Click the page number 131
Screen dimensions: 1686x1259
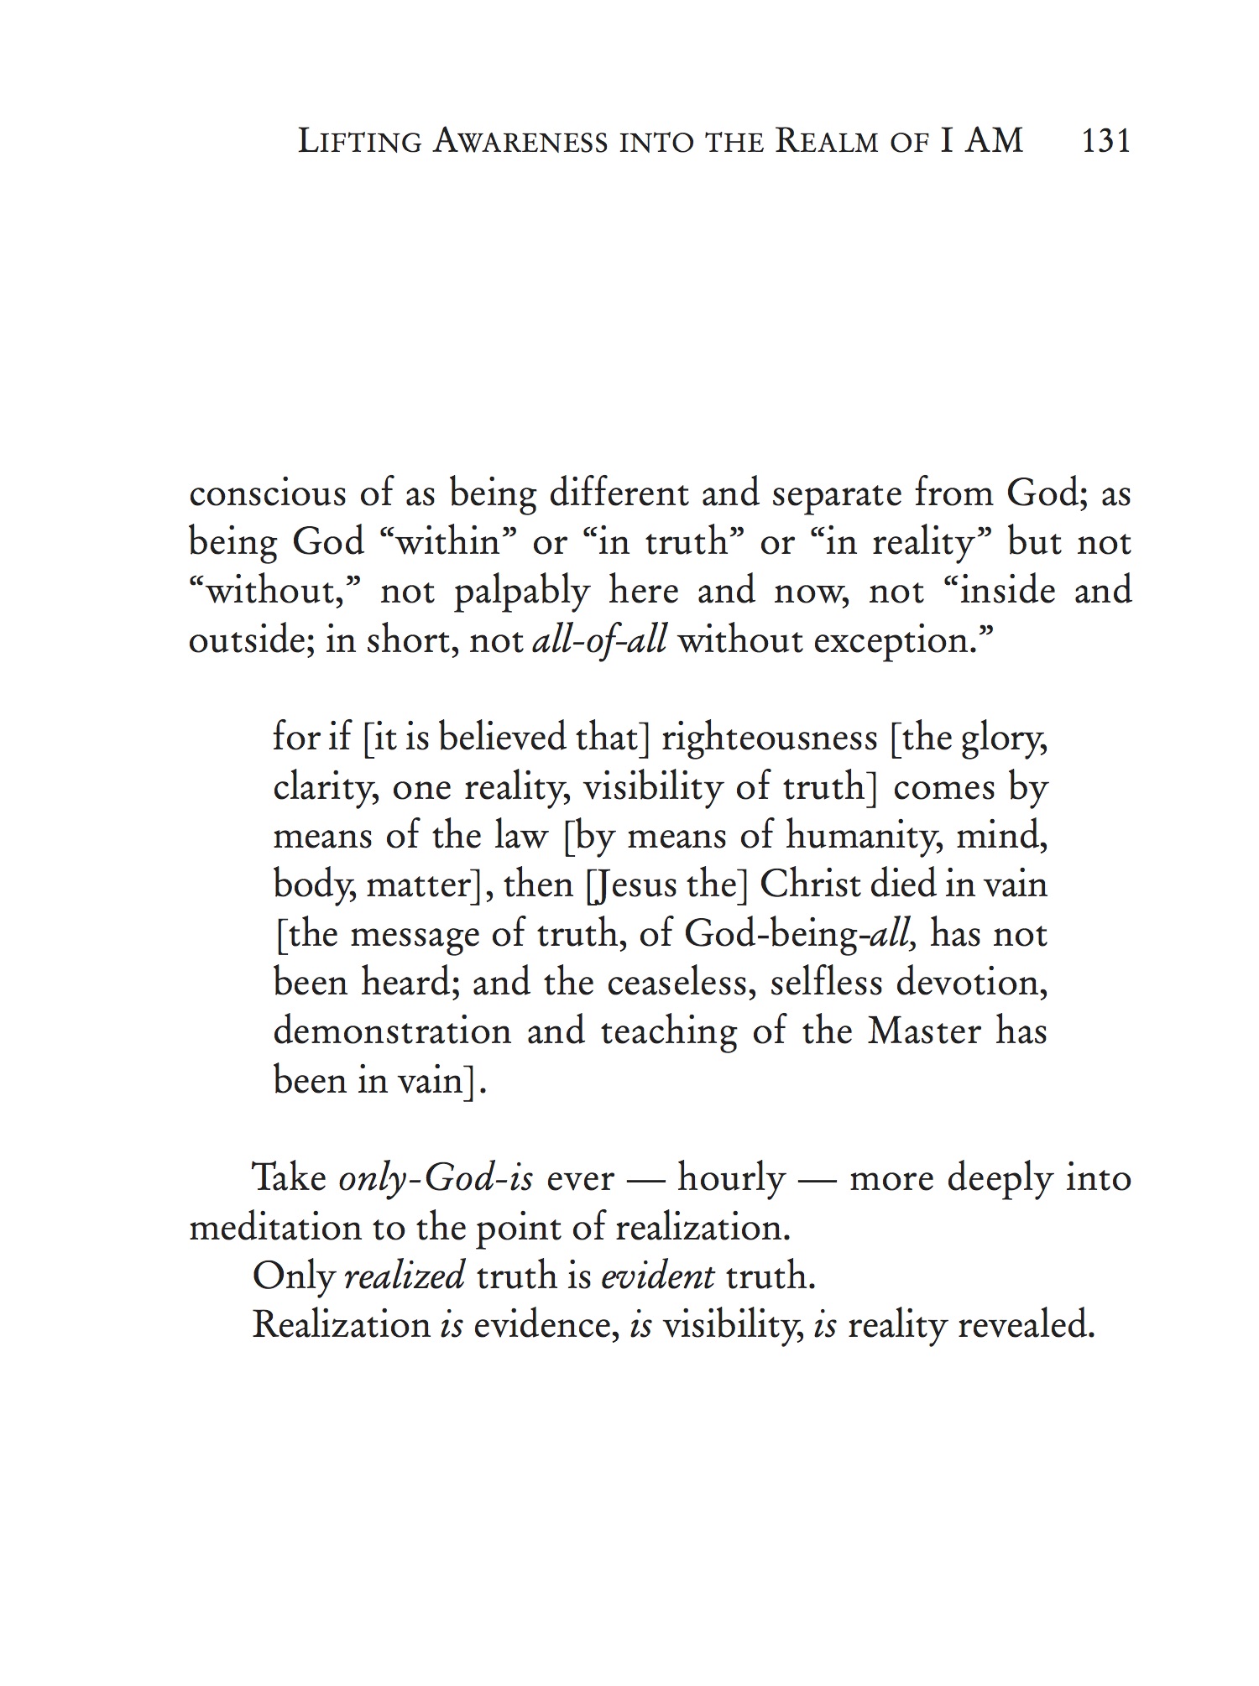click(1106, 140)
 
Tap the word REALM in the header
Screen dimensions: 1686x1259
click(826, 141)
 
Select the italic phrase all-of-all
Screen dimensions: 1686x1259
click(600, 641)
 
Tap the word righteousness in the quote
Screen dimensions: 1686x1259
click(769, 739)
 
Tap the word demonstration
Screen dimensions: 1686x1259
click(392, 1031)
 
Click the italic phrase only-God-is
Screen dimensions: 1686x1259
click(436, 1179)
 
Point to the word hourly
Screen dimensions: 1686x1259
click(731, 1179)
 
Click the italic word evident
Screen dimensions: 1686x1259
click(659, 1277)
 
